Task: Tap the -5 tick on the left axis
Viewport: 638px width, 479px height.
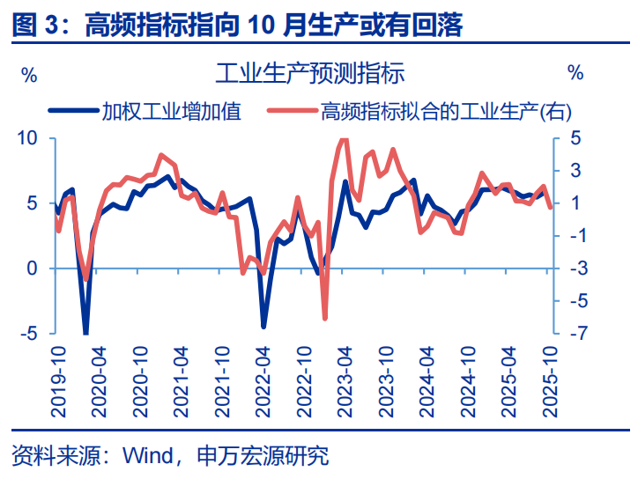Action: (x=29, y=334)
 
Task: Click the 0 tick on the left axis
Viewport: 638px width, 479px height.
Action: (x=33, y=269)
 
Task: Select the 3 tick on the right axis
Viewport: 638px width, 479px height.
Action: (x=574, y=171)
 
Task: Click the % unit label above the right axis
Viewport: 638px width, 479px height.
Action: (x=575, y=73)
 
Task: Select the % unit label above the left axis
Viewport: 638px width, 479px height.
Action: (x=29, y=73)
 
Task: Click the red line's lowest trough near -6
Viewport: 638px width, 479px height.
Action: (x=324, y=318)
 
